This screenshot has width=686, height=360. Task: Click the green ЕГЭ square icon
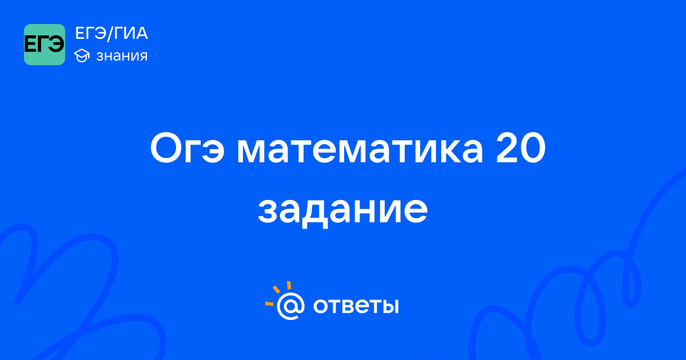click(45, 45)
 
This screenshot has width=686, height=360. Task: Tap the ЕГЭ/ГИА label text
click(111, 33)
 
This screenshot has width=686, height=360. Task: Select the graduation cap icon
click(82, 55)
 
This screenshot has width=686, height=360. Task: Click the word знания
click(122, 56)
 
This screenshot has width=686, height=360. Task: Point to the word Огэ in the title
click(188, 148)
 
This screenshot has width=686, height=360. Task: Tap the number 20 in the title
click(521, 147)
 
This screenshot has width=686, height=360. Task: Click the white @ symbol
click(290, 306)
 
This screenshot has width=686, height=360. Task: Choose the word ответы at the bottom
click(356, 306)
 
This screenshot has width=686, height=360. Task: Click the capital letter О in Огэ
click(166, 147)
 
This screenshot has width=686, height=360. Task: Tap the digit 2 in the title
click(507, 147)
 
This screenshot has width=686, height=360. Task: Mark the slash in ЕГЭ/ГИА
click(110, 34)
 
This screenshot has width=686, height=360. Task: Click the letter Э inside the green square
click(57, 45)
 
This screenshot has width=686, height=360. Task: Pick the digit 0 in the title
click(534, 148)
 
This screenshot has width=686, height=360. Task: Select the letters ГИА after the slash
click(131, 33)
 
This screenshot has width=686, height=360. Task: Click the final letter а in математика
click(470, 151)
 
